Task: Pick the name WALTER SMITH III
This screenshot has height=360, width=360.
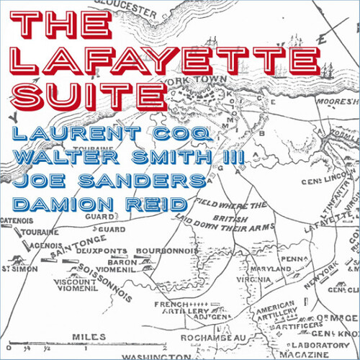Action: pyautogui.click(x=126, y=156)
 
